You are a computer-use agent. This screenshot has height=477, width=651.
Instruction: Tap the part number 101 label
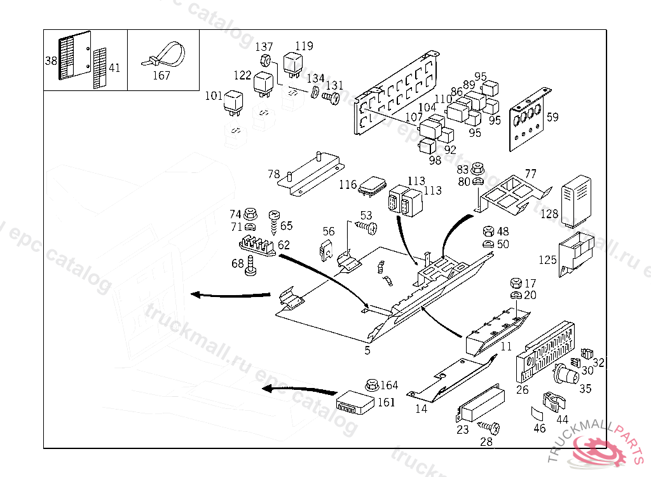(214, 96)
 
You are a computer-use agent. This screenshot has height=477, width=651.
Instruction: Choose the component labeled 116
(372, 186)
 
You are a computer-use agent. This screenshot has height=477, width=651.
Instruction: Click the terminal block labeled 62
(257, 246)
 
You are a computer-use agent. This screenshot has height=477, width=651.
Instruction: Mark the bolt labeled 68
(250, 266)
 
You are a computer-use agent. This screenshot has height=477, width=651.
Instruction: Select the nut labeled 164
(372, 385)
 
